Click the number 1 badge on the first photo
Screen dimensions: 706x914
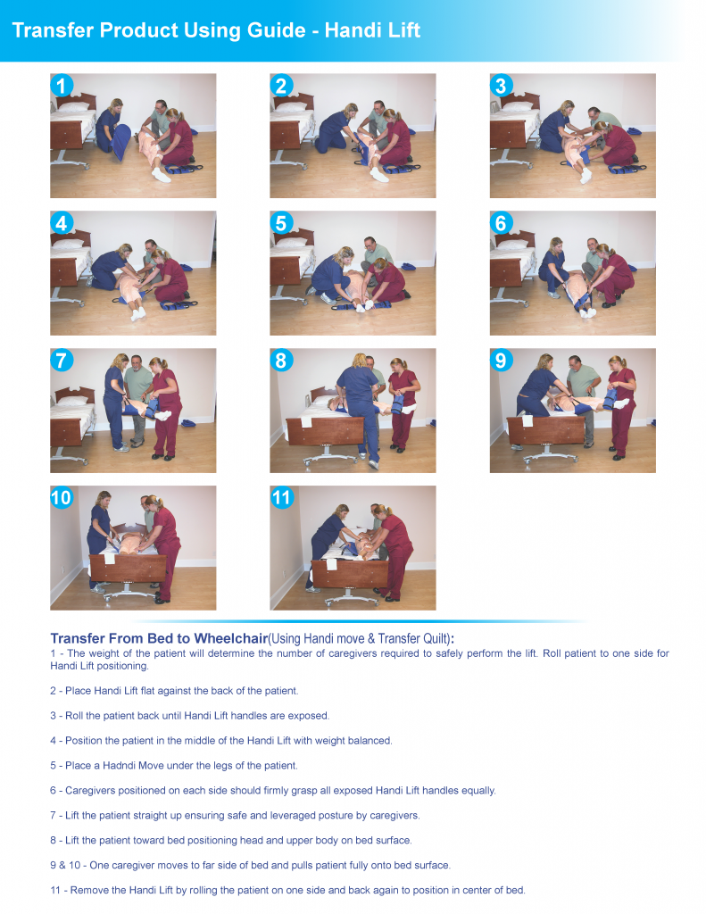click(62, 86)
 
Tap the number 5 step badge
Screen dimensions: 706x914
click(281, 223)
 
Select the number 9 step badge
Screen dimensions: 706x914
click(501, 361)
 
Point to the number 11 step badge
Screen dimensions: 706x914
click(281, 498)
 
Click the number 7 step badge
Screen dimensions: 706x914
click(62, 361)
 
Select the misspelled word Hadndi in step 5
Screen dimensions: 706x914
click(119, 765)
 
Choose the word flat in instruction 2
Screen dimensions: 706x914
click(149, 691)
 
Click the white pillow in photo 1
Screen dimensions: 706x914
click(74, 107)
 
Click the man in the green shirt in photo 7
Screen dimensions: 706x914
click(137, 400)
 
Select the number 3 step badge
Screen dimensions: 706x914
click(501, 86)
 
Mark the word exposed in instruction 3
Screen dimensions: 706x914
click(311, 716)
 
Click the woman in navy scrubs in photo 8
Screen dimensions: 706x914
click(359, 409)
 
